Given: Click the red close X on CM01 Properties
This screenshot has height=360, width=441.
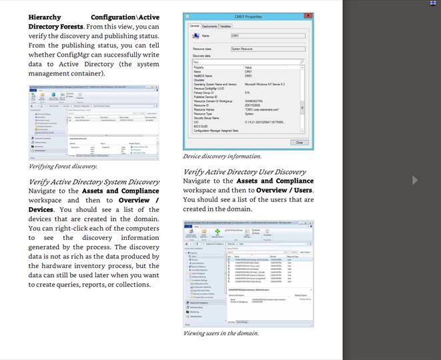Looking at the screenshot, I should [308, 15].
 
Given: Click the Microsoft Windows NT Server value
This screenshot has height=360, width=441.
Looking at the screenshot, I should [265, 85].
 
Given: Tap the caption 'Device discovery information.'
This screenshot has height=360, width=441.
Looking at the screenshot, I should [222, 156].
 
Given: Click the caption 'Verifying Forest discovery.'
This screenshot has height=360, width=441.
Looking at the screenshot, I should [63, 167].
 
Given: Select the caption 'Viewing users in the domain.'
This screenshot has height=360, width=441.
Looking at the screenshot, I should [222, 333].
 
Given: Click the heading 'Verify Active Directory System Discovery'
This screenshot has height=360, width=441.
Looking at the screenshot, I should [94, 181].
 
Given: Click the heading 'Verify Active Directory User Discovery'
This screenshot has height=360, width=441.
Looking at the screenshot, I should [244, 171].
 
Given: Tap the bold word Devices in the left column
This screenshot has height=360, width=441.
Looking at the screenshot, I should [41, 209].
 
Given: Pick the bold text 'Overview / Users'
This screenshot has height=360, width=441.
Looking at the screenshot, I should [284, 190].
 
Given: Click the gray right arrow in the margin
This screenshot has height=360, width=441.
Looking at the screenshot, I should [415, 180].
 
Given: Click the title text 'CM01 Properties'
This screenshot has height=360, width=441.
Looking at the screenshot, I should [249, 15].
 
